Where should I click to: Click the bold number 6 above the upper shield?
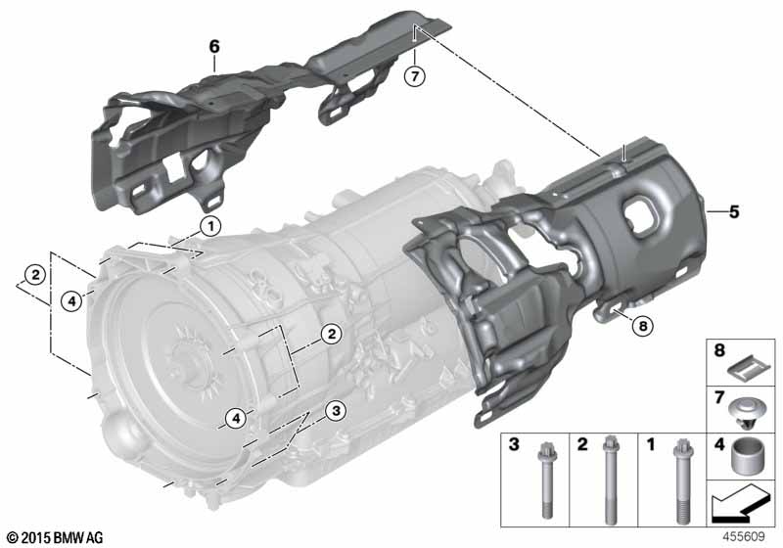(213, 47)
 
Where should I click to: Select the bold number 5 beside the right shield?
(733, 211)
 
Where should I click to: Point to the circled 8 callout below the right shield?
(642, 326)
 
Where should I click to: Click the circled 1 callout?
(210, 227)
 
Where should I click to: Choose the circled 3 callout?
(336, 411)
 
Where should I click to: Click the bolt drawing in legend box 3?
(545, 480)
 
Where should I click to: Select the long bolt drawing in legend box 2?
(609, 479)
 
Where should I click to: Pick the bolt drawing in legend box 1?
(681, 480)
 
